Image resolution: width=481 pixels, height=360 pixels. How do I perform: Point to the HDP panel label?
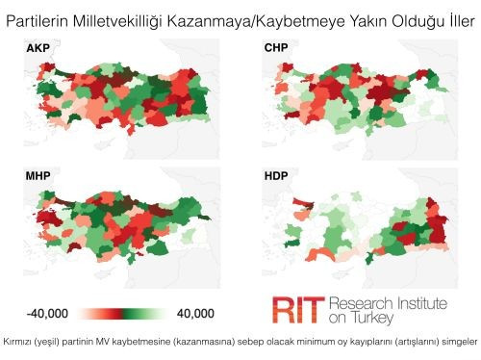click(x=277, y=176)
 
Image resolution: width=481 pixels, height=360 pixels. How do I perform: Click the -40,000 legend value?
click(x=46, y=313)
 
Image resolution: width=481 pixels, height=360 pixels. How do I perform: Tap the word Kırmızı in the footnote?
click(x=21, y=342)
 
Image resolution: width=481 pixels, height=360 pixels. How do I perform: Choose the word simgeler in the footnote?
click(x=455, y=342)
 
